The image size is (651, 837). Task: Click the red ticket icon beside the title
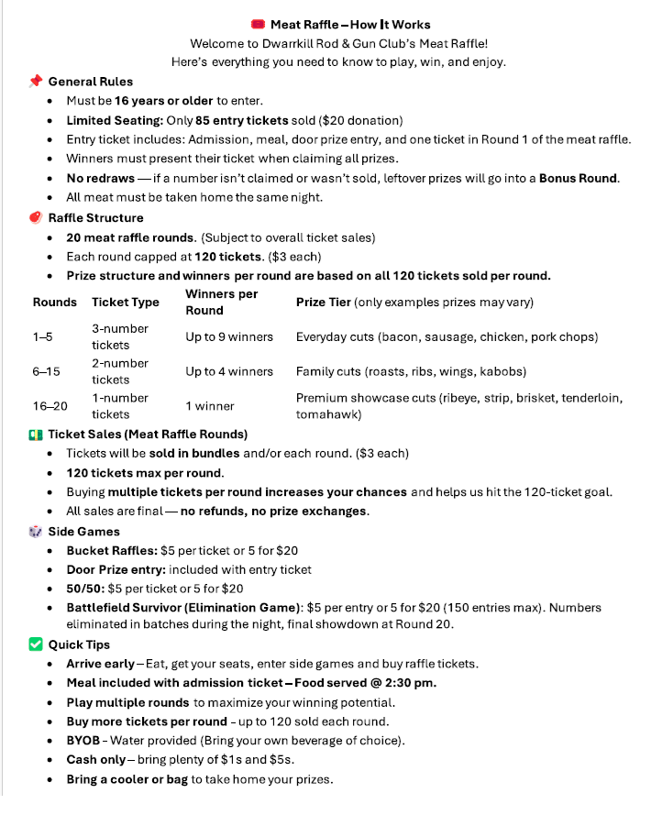258,25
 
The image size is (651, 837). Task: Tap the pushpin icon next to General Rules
36,82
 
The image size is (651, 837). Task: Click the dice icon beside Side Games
36,532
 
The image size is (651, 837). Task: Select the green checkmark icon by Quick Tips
36,644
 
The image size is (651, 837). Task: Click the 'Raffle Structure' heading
95,218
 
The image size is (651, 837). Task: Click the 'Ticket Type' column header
126,303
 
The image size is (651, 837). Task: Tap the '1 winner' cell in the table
210,406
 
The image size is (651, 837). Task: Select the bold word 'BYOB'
83,741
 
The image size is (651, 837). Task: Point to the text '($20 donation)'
359,120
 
